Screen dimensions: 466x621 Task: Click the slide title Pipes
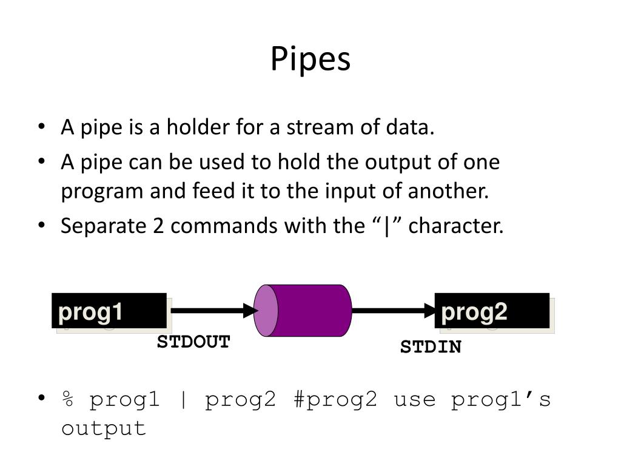click(x=310, y=59)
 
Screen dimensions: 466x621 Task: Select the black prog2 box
click(x=492, y=311)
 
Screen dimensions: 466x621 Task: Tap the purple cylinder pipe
click(x=309, y=311)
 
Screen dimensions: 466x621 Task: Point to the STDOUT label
click(x=193, y=342)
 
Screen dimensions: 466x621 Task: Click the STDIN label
click(x=431, y=348)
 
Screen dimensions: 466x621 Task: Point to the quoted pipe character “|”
click(x=386, y=226)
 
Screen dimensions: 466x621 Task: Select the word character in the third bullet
click(x=456, y=226)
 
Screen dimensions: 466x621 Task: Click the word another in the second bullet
click(x=450, y=192)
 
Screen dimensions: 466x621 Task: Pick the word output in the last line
click(x=104, y=428)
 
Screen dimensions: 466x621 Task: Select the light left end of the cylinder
click(x=266, y=311)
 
